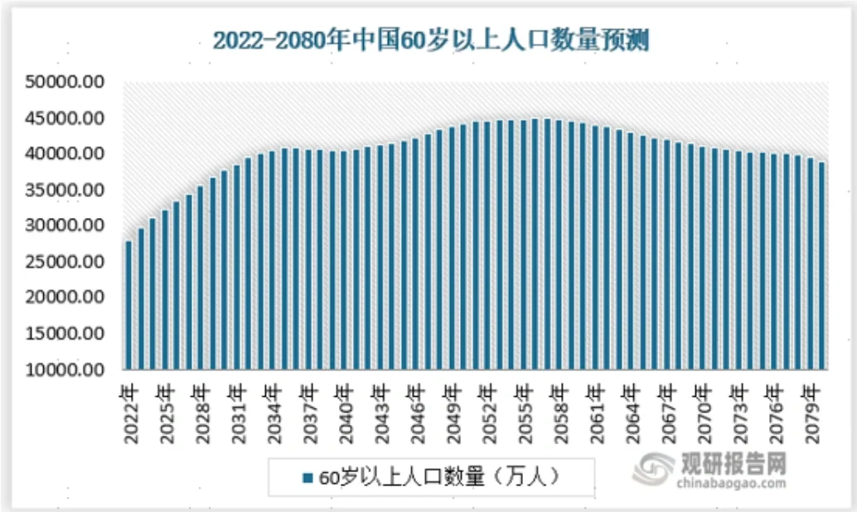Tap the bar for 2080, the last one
pyautogui.click(x=821, y=265)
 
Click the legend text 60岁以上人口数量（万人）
pyautogui.click(x=439, y=477)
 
